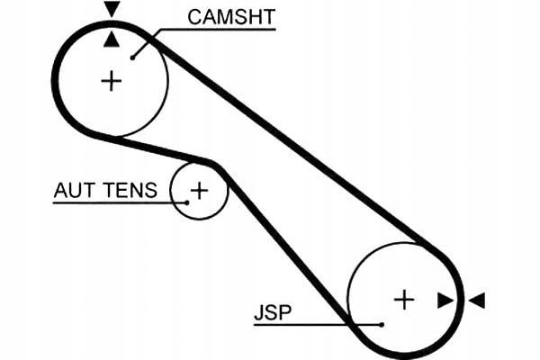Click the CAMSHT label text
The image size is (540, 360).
point(231,17)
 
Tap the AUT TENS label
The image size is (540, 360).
point(105,190)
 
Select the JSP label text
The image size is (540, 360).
point(273,312)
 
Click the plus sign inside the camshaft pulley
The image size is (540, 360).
point(112,81)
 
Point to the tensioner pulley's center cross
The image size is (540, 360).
point(199,190)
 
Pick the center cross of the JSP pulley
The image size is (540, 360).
point(404,300)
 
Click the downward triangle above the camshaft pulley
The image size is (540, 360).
point(112,9)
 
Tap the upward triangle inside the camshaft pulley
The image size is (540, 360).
point(112,39)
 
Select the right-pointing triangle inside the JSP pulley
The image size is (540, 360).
point(445,301)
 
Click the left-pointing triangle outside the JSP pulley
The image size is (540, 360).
point(477,301)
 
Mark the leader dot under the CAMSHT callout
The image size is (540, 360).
point(132,58)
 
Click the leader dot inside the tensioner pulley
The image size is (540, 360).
point(187,202)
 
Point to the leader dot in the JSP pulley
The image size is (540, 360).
point(382,325)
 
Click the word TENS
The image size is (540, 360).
point(130,190)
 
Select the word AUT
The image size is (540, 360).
point(74,190)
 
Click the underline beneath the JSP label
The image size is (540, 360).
point(318,325)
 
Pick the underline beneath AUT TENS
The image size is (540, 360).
point(120,202)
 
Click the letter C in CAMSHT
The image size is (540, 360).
point(195,17)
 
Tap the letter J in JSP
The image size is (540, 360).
point(258,312)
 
